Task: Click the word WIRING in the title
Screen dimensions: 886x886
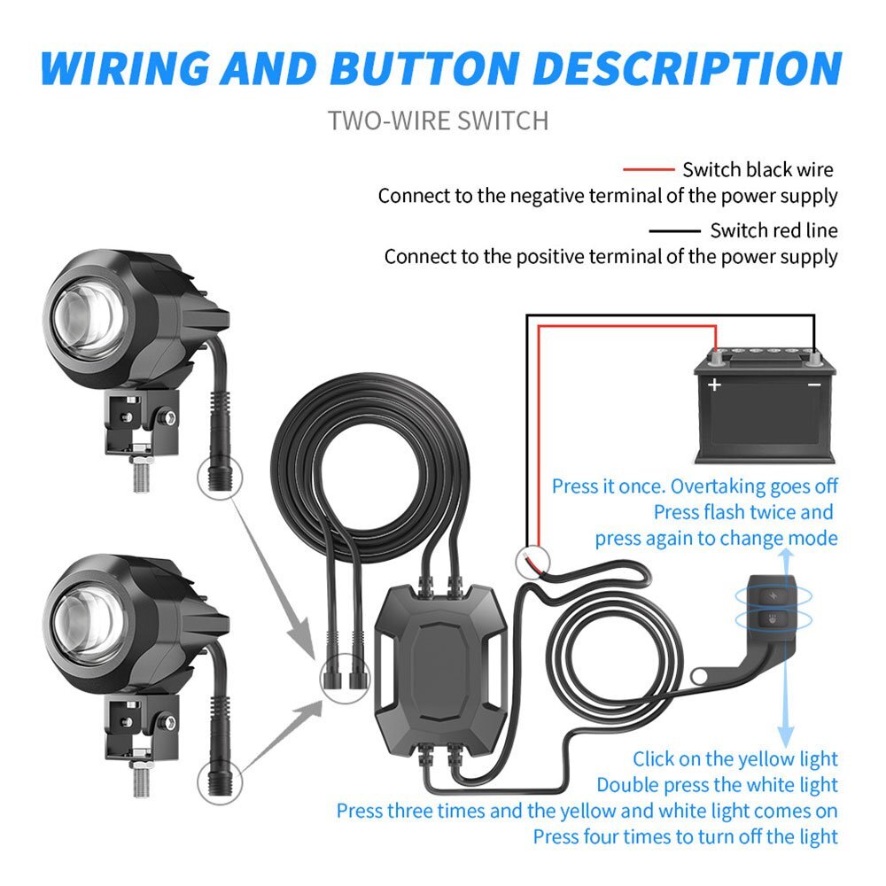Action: click(126, 69)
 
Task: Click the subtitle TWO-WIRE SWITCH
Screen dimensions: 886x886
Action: click(438, 120)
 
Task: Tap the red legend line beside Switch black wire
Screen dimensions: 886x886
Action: click(649, 169)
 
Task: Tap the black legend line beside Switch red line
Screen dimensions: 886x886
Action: click(674, 230)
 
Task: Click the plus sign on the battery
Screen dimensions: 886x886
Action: click(714, 385)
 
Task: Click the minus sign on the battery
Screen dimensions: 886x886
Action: click(814, 385)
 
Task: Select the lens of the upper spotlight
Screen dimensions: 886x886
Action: click(89, 319)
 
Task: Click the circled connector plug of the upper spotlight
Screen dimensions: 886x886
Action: click(220, 478)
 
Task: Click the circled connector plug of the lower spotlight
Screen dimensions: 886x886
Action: click(220, 782)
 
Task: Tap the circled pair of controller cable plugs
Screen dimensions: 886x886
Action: click(345, 678)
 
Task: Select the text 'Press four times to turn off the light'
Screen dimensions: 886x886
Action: click(686, 837)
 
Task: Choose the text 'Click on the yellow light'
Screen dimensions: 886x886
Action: click(735, 759)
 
